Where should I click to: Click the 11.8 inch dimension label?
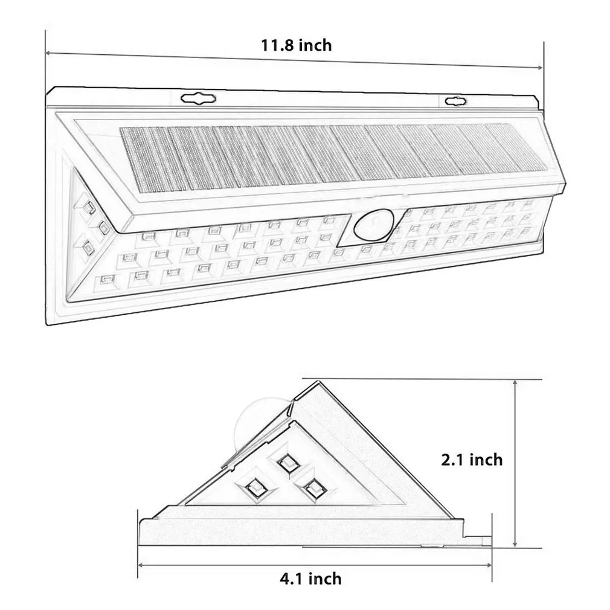(x=296, y=45)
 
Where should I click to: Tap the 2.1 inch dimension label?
(x=472, y=460)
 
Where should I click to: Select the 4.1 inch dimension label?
(x=310, y=579)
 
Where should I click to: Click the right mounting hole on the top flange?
(x=455, y=101)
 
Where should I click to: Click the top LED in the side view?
(x=288, y=463)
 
